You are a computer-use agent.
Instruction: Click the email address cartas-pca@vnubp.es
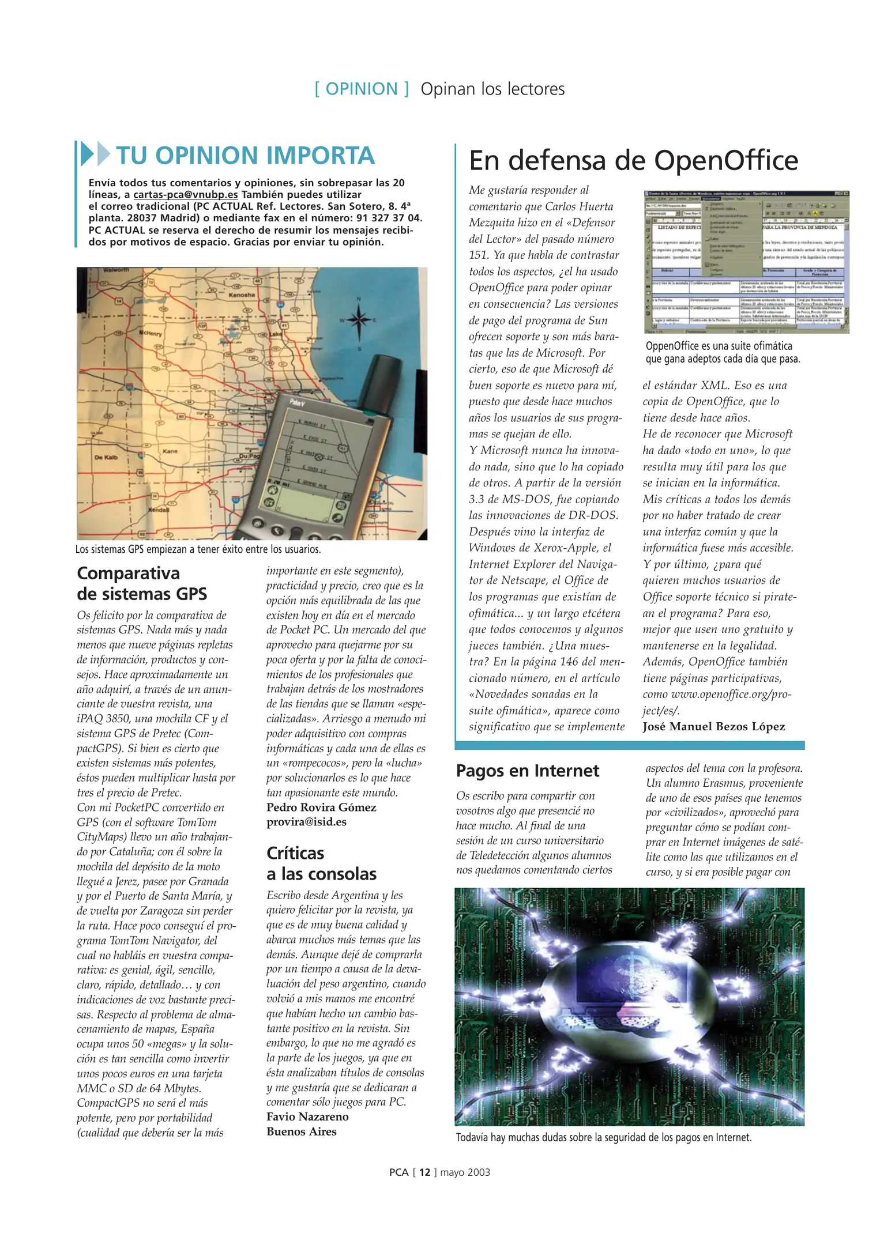[x=185, y=195]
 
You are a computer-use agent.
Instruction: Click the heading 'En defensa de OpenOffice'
[x=633, y=160]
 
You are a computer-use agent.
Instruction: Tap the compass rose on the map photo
[x=359, y=319]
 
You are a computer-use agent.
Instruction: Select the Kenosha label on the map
[x=242, y=295]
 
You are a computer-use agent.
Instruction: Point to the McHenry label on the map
[x=149, y=333]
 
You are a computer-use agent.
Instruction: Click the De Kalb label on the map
[x=106, y=457]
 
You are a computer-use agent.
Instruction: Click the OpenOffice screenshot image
[x=746, y=262]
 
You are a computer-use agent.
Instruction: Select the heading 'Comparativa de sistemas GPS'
[x=141, y=583]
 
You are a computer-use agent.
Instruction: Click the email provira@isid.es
[x=306, y=822]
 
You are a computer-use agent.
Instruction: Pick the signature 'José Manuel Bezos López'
[x=713, y=727]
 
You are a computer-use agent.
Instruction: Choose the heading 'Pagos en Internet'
[x=527, y=771]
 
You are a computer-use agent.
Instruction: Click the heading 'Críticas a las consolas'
[x=321, y=863]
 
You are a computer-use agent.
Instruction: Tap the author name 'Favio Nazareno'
[x=307, y=1116]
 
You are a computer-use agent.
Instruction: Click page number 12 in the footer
[x=424, y=1172]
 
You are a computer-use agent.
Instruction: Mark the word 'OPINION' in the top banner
[x=362, y=89]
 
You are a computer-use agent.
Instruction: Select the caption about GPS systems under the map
[x=198, y=549]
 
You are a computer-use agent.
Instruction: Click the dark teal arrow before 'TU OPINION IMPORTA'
[x=87, y=154]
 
